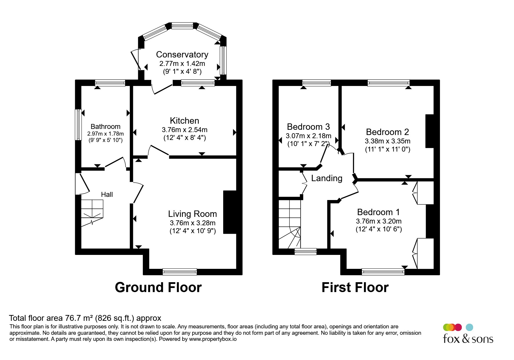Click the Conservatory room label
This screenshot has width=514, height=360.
pos(182,55)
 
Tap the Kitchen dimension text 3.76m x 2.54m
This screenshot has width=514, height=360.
pos(185,129)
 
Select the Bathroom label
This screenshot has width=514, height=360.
pos(105,127)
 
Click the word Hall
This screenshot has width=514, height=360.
pos(107,195)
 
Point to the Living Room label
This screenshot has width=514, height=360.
pos(192,214)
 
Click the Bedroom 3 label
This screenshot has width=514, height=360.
pos(308,127)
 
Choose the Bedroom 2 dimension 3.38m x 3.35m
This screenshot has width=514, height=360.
pos(387,141)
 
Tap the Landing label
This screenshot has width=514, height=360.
pos(327,178)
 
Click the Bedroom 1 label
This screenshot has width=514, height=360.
pos(378,212)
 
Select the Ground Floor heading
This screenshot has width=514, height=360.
pos(158,287)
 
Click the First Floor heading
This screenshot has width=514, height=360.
pos(355,287)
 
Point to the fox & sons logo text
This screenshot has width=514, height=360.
pos(468,339)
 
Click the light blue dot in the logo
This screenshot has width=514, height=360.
pos(469,327)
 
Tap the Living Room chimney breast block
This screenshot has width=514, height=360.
pos(230,212)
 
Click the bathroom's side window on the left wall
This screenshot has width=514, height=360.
pos(78,125)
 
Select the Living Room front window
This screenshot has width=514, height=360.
pos(180,272)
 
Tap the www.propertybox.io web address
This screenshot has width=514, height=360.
pos(213,339)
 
